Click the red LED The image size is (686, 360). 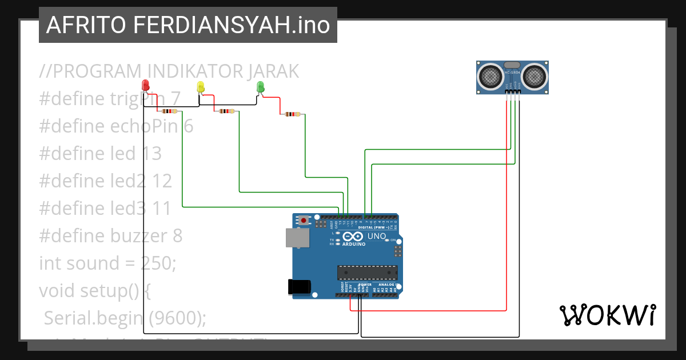coord(146,86)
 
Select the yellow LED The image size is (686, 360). coord(200,87)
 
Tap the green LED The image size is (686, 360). coord(261,87)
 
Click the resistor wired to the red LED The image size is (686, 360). coord(170,111)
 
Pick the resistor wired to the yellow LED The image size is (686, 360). coord(226,111)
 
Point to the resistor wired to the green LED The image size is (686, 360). coord(292,114)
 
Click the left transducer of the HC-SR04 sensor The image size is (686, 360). coord(490,75)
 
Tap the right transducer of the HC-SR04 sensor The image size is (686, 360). coord(535,75)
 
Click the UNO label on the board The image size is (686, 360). coord(376,236)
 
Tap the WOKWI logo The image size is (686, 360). coord(607,315)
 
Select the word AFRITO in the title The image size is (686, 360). coord(86,25)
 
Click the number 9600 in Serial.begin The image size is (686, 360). coord(172,318)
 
